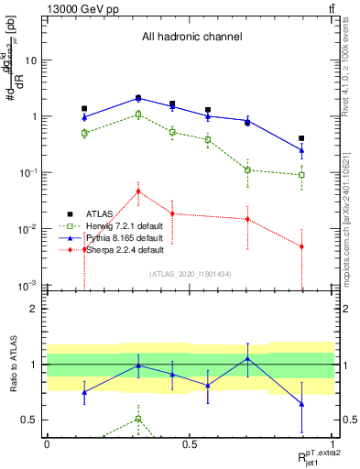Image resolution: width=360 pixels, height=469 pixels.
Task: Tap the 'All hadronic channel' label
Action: click(191, 38)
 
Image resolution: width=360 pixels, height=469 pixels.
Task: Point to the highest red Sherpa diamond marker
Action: click(138, 191)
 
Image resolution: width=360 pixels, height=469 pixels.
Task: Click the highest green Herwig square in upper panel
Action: click(138, 115)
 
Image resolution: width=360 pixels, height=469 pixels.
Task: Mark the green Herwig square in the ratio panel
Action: click(138, 419)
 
